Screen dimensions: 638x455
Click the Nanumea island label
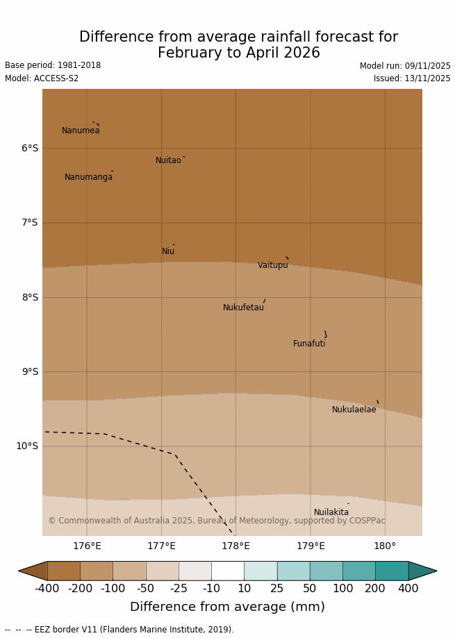click(81, 131)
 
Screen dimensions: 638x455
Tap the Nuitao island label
click(168, 160)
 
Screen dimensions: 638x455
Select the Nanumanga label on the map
click(88, 177)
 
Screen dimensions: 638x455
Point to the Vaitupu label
click(272, 265)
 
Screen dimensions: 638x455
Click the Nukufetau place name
click(243, 308)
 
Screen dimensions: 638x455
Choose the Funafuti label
click(309, 344)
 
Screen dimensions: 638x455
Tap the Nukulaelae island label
click(354, 410)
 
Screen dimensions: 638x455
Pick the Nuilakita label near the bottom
click(331, 512)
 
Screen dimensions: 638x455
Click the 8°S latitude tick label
click(30, 297)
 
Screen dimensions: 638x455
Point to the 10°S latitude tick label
click(27, 446)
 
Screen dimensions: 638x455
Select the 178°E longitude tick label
click(235, 546)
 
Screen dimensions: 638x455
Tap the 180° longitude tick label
click(385, 546)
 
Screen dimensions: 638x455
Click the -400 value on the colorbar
click(47, 589)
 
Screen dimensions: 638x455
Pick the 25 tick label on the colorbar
click(276, 589)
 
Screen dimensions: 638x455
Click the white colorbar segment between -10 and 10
click(227, 571)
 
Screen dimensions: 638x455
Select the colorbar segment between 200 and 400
click(392, 571)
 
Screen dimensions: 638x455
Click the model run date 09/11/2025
click(427, 66)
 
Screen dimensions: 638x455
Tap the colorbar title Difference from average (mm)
click(227, 607)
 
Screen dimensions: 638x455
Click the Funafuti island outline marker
click(325, 334)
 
